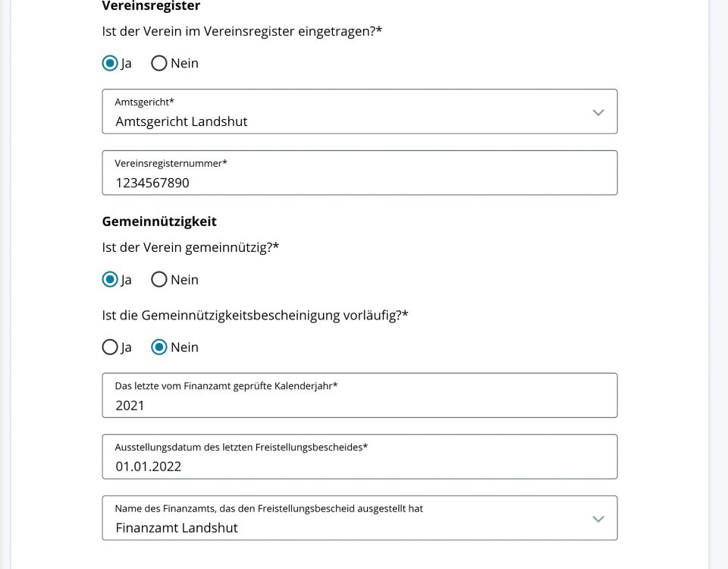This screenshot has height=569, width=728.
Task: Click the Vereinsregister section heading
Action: [x=151, y=6]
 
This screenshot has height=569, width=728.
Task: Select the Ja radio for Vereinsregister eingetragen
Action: [x=110, y=63]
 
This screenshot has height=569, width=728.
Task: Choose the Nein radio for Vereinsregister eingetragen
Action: [x=159, y=63]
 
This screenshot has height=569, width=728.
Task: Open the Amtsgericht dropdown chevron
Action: [x=598, y=112]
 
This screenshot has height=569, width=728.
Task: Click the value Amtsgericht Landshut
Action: [x=181, y=121]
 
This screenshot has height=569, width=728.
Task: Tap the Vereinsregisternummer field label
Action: [x=171, y=163]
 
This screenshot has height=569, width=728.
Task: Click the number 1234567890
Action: [x=152, y=183]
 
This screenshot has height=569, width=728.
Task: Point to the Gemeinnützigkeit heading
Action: [x=159, y=222]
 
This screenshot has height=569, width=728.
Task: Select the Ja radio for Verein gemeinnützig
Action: [x=110, y=279]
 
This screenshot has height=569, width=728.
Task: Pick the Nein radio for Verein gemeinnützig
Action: [x=159, y=279]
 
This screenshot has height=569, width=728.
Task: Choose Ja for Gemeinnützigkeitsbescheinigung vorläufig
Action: [x=110, y=347]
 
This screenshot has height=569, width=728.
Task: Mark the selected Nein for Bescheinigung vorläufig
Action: [x=159, y=347]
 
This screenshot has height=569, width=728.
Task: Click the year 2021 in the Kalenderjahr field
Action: [x=130, y=405]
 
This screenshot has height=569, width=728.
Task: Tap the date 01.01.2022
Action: [x=149, y=467]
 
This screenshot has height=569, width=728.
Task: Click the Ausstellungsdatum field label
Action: [x=241, y=447]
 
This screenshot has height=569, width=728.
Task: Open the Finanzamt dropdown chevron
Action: [x=598, y=519]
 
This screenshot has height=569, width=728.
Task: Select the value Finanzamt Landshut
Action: [x=177, y=528]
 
